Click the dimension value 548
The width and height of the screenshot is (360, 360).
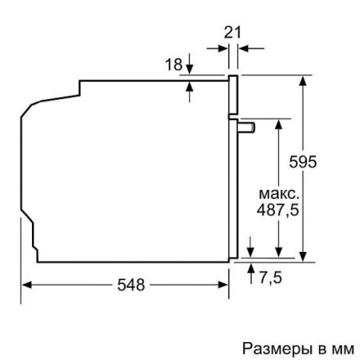(x=130, y=285)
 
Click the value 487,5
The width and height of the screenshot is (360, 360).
(x=278, y=210)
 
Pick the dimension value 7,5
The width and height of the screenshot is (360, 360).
(x=270, y=278)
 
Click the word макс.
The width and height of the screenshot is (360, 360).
(x=279, y=194)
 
